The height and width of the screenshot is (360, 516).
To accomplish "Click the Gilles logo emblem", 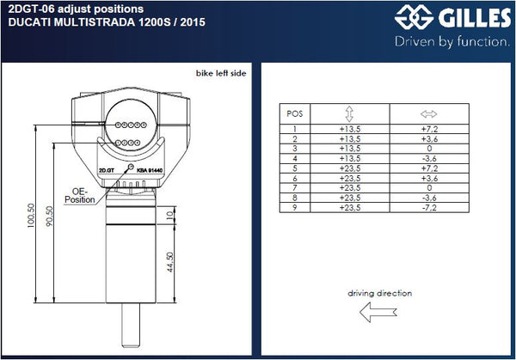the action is coord(414,17).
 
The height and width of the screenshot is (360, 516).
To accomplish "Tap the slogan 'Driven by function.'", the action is coord(452,42).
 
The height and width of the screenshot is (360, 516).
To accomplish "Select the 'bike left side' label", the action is coord(221,73).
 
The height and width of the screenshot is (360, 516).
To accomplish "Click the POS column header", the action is coord(294,113).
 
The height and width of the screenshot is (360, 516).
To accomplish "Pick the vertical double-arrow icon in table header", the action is coord(349,114).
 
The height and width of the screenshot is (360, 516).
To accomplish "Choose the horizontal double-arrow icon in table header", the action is coord(429,114).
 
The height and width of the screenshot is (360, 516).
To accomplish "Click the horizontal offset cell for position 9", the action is coord(429,208).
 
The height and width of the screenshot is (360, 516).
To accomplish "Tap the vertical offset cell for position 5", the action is coord(350,168).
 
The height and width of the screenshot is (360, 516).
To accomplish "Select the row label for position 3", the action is coord(295,149).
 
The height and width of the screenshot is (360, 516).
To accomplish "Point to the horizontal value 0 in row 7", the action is coord(429,188).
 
